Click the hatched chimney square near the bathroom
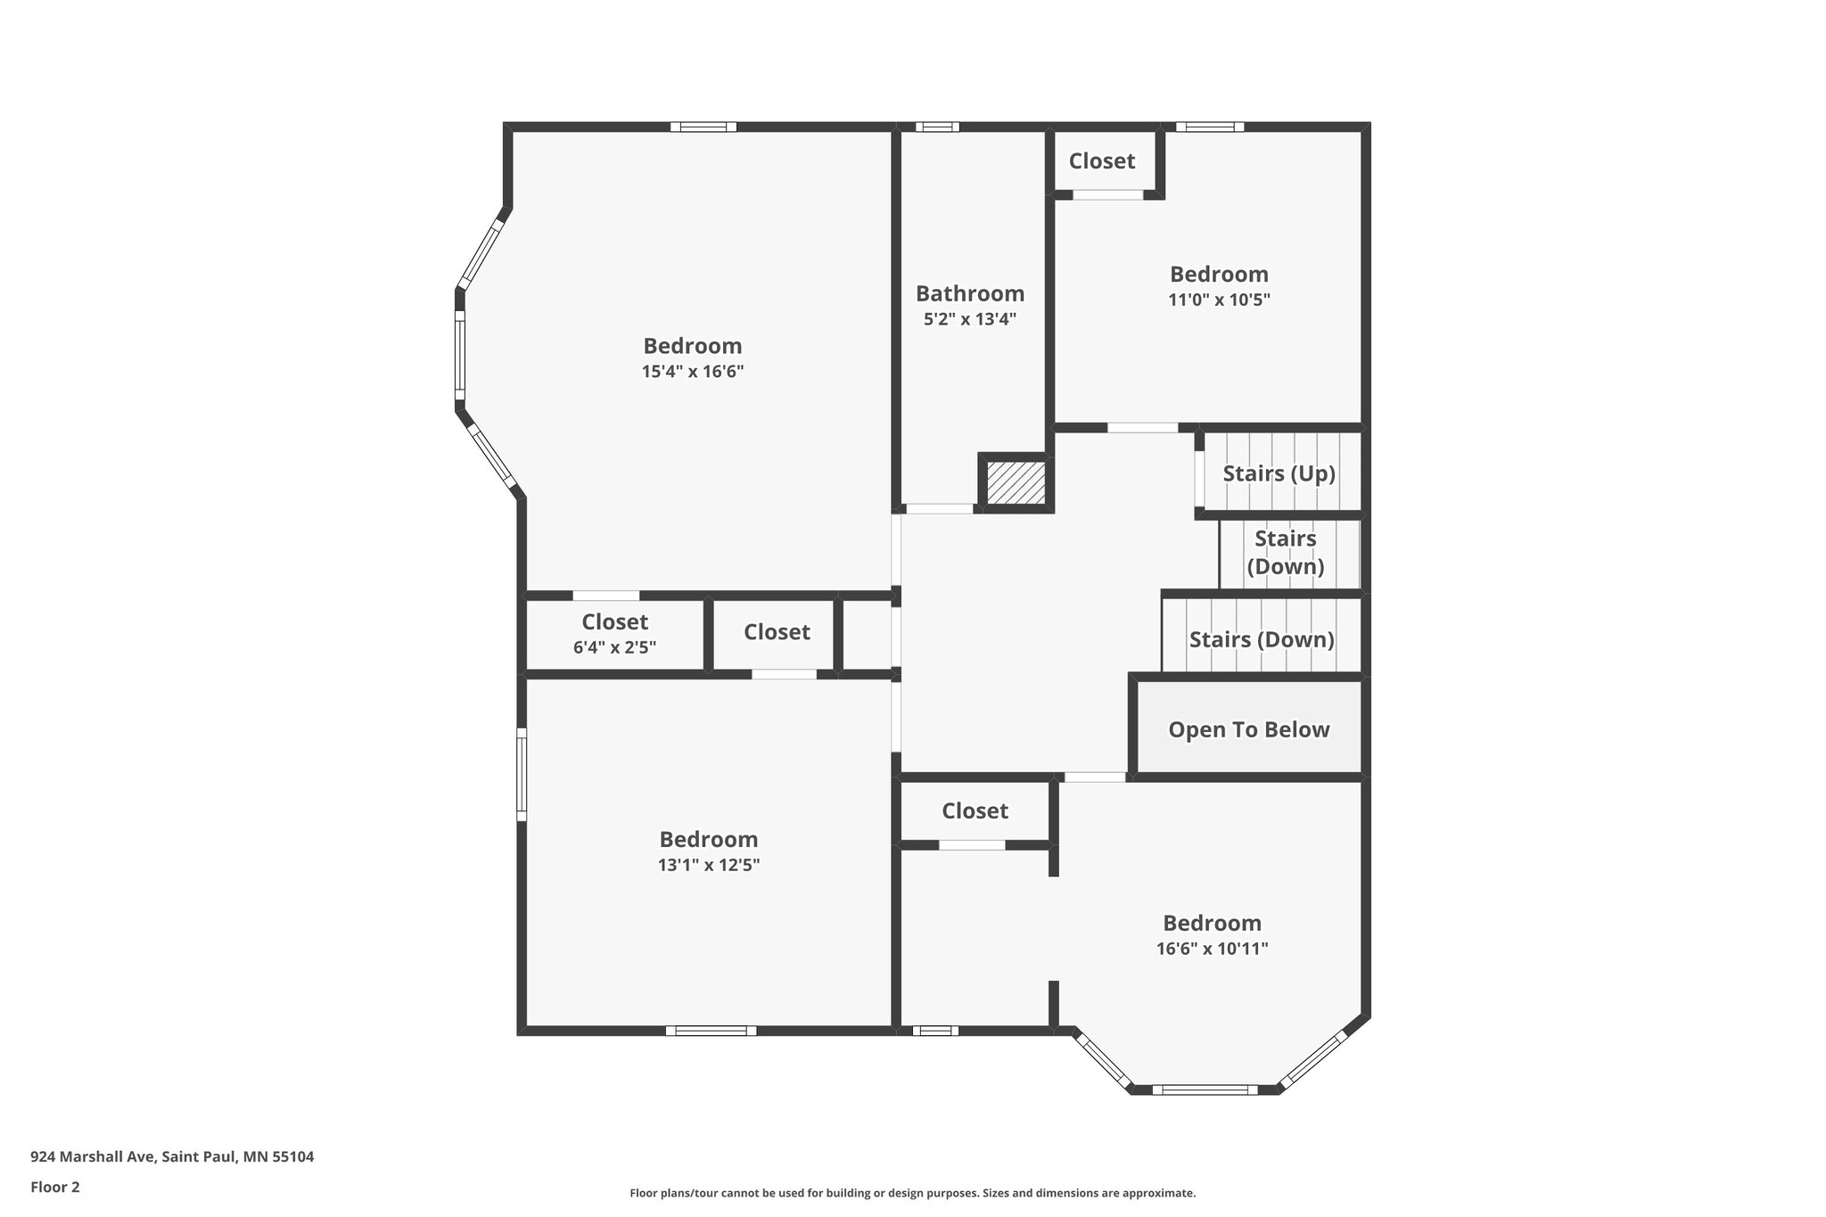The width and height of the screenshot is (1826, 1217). point(1016,482)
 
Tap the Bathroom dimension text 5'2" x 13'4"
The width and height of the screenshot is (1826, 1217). point(969,319)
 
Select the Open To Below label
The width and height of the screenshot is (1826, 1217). point(1248,729)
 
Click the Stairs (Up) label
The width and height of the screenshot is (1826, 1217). point(1279,473)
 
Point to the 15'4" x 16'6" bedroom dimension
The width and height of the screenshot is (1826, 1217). point(692,372)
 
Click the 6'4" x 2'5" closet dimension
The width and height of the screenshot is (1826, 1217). point(614,647)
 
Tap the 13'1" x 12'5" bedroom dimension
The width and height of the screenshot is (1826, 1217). point(708,865)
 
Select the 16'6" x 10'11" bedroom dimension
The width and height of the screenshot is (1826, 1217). point(1212,949)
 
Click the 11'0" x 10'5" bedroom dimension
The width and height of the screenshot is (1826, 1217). point(1219,300)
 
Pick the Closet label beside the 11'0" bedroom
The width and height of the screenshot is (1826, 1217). point(1102,161)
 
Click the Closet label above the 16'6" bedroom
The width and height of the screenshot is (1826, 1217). point(975,810)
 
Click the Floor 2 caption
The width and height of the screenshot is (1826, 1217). point(55,1187)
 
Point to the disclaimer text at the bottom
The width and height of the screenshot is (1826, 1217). point(912,1193)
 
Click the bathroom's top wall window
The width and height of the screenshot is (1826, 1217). point(937,127)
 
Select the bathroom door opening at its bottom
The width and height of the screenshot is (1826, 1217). point(940,508)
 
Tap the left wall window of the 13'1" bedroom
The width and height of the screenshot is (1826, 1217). point(522,774)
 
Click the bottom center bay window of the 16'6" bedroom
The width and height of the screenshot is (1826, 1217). point(1205,1090)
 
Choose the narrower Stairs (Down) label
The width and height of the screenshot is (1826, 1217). point(1285,552)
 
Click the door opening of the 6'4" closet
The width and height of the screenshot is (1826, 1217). point(605,596)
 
